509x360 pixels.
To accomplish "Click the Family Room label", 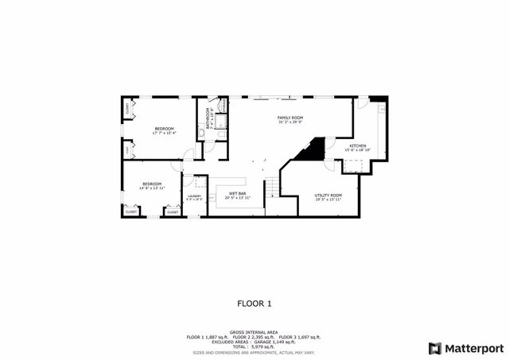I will (290, 118).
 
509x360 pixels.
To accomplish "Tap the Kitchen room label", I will (357, 146).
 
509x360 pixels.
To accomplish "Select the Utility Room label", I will (328, 195).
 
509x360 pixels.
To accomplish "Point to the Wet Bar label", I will (237, 194).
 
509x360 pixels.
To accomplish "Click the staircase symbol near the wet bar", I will (273, 189).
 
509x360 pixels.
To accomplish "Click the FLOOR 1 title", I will (254, 303).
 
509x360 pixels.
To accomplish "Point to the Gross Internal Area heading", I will (253, 332).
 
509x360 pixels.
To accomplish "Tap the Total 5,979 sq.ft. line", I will (254, 347).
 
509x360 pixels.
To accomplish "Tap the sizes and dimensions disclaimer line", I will (254, 353).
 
